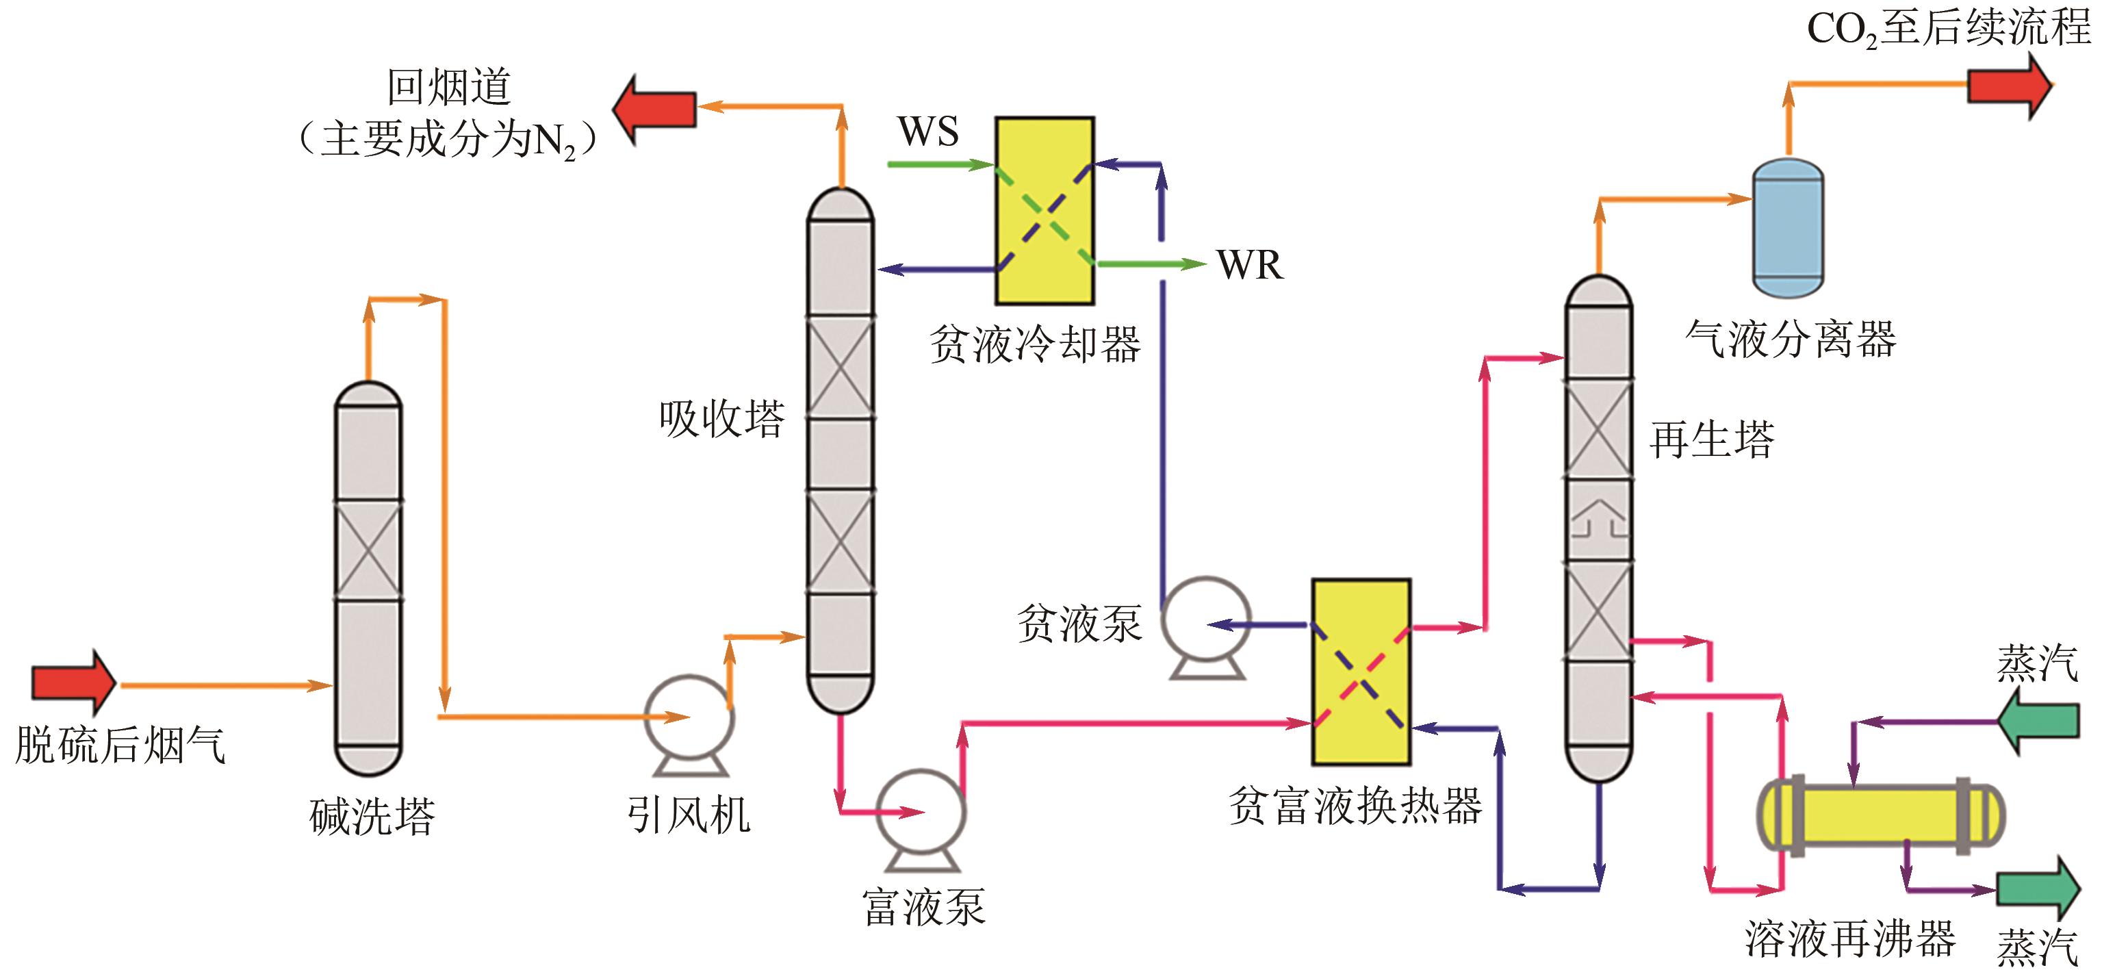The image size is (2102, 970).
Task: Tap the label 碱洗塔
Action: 372,816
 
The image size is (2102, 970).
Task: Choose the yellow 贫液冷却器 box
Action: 1044,210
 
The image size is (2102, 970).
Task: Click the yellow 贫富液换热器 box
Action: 1360,672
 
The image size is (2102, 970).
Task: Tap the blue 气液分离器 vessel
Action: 1788,229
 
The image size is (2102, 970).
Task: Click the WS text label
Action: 927,131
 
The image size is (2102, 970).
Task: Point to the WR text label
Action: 1249,265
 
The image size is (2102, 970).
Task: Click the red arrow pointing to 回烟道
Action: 654,110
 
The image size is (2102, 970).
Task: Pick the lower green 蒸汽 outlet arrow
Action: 2038,889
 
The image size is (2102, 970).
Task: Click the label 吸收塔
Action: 721,418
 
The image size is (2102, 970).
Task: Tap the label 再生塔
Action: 1711,439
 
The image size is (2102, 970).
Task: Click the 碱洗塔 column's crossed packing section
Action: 368,550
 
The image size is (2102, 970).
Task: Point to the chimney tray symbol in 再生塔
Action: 1598,519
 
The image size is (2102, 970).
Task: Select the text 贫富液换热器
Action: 1355,806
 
